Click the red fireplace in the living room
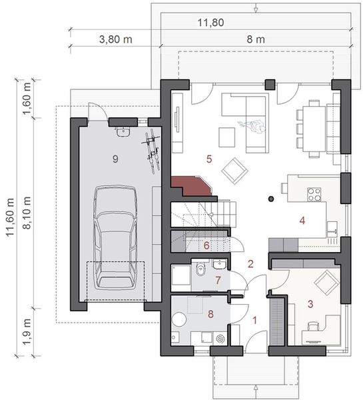pos(190,186)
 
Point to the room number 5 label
pos(208,159)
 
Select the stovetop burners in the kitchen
pos(314,194)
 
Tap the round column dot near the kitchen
pos(270,199)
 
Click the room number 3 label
pos(310,303)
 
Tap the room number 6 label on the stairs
pos(206,245)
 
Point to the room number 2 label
pos(251,264)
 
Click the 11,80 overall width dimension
pos(210,23)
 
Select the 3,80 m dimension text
pos(115,39)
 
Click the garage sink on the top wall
pos(121,132)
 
